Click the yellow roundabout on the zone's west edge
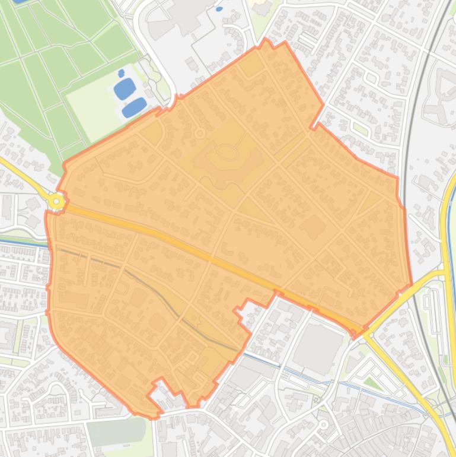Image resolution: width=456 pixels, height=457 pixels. click(x=56, y=202)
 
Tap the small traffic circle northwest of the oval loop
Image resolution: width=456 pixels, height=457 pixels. click(x=200, y=134)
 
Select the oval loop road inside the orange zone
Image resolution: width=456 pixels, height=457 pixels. click(x=227, y=153)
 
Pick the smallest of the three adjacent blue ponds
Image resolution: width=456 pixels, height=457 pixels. click(x=122, y=74)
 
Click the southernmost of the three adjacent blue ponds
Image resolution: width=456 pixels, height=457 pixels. click(x=134, y=107)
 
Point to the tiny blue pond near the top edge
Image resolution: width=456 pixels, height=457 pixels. click(x=219, y=9)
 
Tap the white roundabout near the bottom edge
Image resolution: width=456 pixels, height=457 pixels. click(x=323, y=424)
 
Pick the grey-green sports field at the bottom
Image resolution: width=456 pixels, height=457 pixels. click(x=116, y=432)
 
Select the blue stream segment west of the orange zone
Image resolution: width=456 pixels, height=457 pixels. click(x=24, y=242)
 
